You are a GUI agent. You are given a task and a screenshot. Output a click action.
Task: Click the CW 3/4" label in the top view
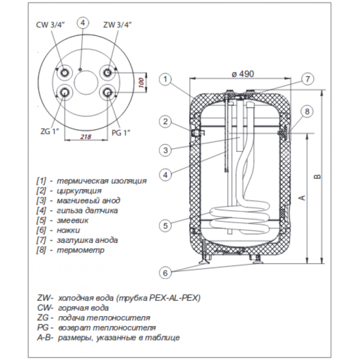[50, 25]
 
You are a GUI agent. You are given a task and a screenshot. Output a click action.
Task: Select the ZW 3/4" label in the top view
[117, 25]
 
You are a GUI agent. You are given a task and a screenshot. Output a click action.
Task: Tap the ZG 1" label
[50, 132]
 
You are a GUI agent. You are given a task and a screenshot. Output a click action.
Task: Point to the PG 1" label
[121, 132]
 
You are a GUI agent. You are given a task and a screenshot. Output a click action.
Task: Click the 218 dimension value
[86, 137]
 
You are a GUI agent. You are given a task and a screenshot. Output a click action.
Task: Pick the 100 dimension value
[142, 83]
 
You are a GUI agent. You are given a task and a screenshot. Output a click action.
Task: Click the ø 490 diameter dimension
[243, 74]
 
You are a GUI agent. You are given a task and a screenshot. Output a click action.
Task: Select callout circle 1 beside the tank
[165, 80]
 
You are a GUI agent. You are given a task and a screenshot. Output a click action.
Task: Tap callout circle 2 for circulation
[165, 122]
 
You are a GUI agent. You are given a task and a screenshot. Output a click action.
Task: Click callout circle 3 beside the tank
[165, 150]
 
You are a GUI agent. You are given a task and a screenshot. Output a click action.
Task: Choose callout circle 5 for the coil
[165, 226]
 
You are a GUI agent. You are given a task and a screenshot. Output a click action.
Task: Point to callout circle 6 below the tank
[165, 273]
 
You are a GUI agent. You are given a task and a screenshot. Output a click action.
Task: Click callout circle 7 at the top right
[308, 79]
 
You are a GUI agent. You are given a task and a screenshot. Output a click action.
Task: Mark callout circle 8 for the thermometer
[307, 112]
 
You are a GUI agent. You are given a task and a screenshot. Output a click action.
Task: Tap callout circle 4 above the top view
[83, 22]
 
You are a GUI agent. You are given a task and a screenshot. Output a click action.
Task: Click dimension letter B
[317, 176]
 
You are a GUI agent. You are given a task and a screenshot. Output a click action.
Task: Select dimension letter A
[303, 198]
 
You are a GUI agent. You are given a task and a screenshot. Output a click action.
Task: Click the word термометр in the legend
[80, 250]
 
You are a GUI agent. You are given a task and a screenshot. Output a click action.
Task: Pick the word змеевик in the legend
[72, 221]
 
